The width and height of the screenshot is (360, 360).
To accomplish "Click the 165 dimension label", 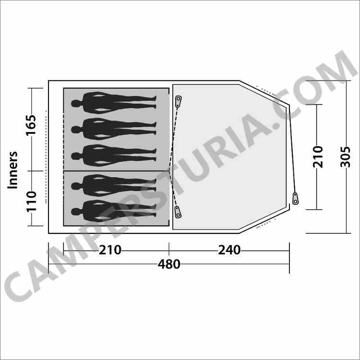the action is click(x=31, y=125).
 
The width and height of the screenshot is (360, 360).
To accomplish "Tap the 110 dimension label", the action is click(x=31, y=201).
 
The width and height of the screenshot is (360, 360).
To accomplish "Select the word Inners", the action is click(x=12, y=170).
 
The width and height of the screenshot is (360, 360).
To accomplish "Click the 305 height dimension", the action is click(x=345, y=157).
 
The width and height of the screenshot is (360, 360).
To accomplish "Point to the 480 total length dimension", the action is click(x=169, y=264).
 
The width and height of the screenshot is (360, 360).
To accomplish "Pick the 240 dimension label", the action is click(x=229, y=250).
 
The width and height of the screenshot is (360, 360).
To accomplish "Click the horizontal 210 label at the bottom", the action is click(x=110, y=250).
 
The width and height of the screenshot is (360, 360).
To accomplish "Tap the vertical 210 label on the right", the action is click(x=318, y=157).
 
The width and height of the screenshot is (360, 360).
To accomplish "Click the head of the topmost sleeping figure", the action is click(x=75, y=104).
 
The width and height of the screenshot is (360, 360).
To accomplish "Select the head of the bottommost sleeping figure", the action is click(x=75, y=212).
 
